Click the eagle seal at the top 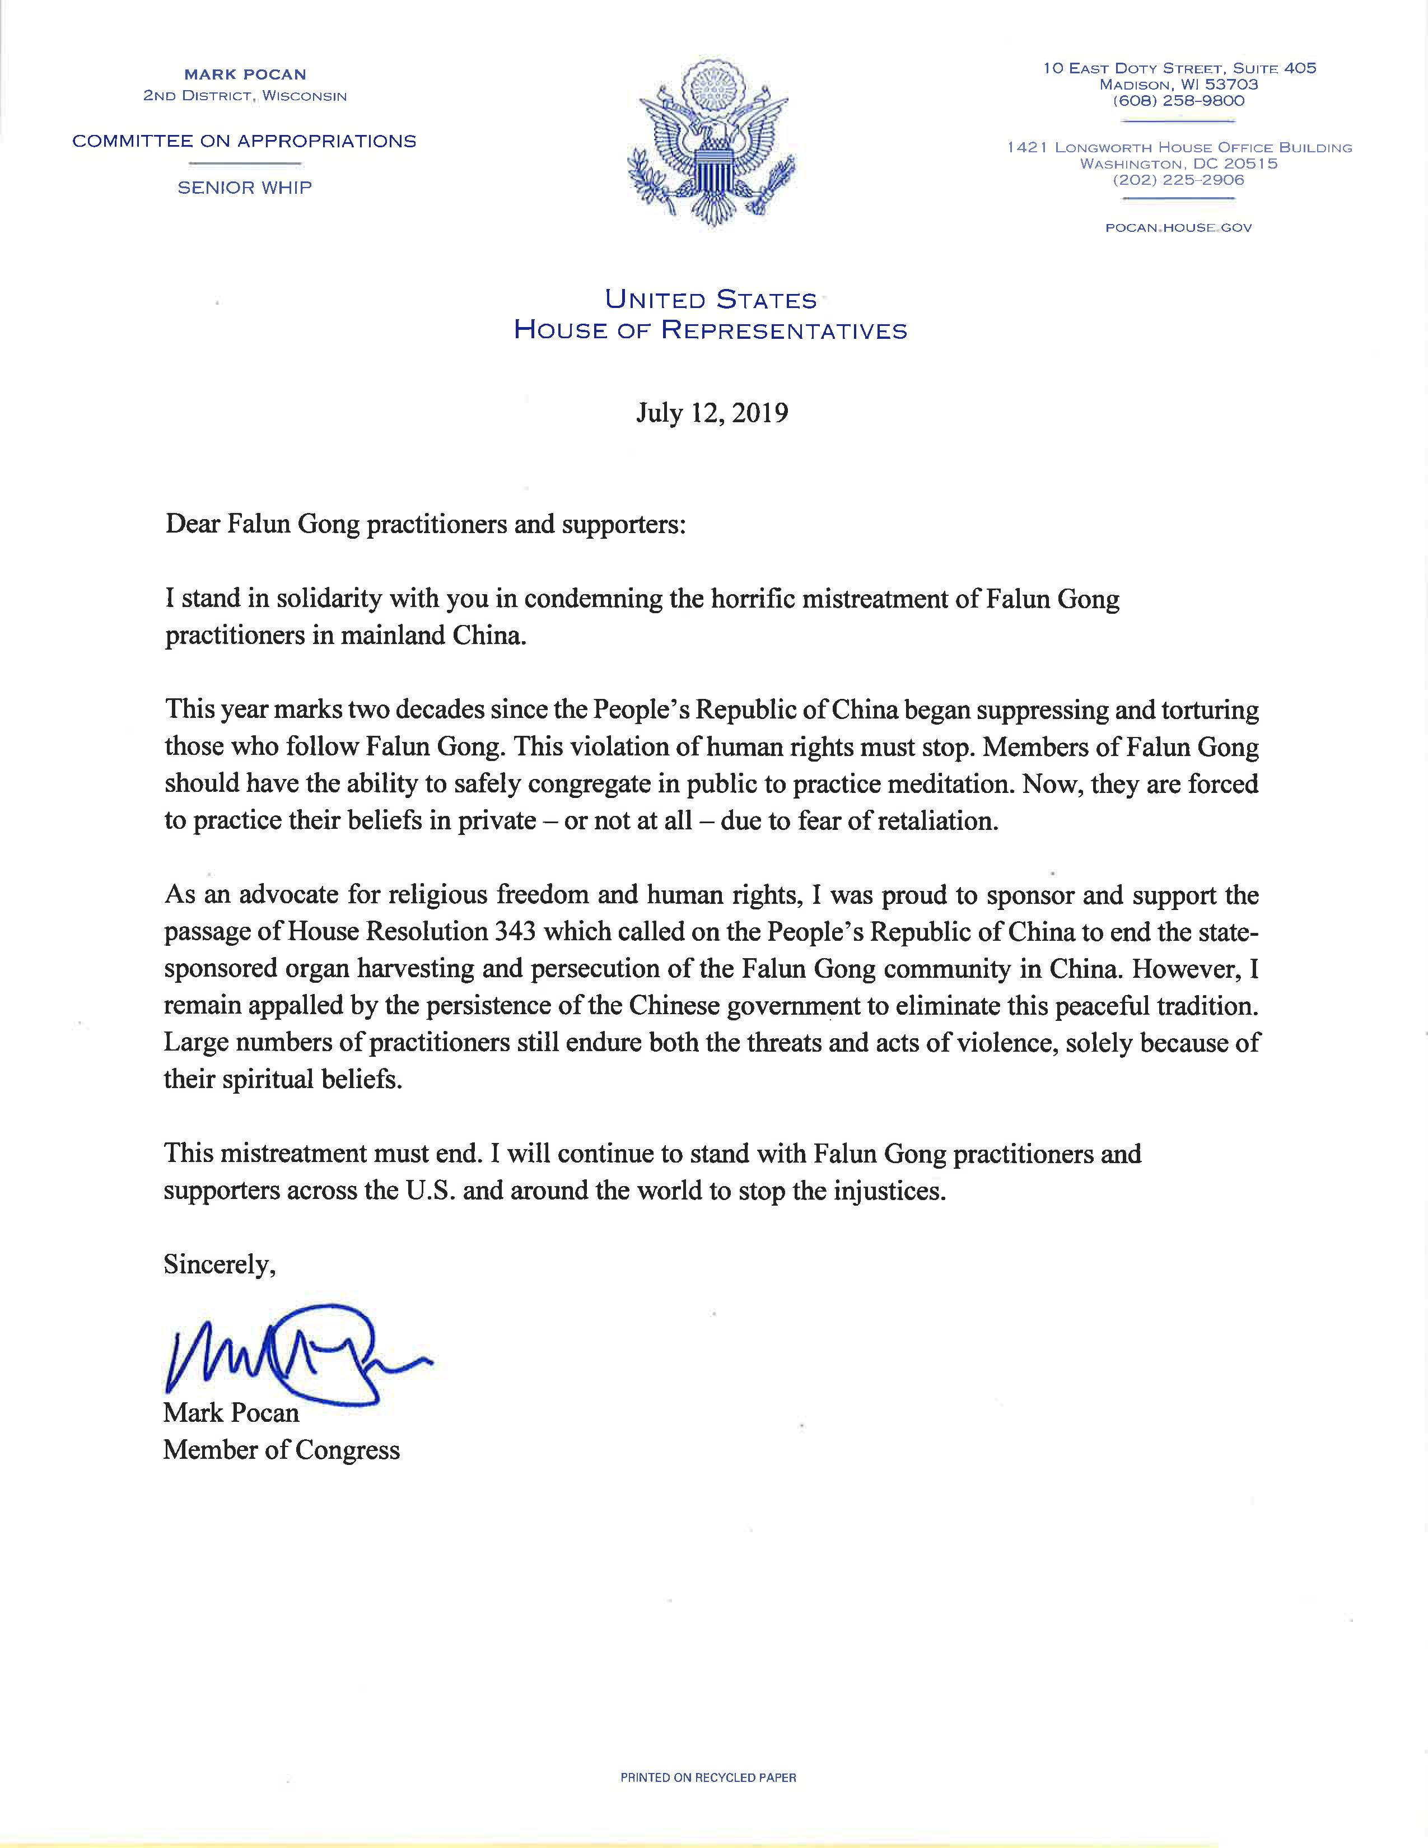click(711, 142)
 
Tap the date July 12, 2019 click(712, 413)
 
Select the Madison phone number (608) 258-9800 click(1178, 101)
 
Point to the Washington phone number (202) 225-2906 click(1178, 180)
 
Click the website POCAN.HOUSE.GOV click(1178, 227)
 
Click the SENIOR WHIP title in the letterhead click(245, 188)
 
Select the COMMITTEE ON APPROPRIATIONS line click(245, 141)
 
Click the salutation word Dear click(193, 525)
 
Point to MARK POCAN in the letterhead click(245, 74)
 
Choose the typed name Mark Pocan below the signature click(231, 1412)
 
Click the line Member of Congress click(281, 1449)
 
